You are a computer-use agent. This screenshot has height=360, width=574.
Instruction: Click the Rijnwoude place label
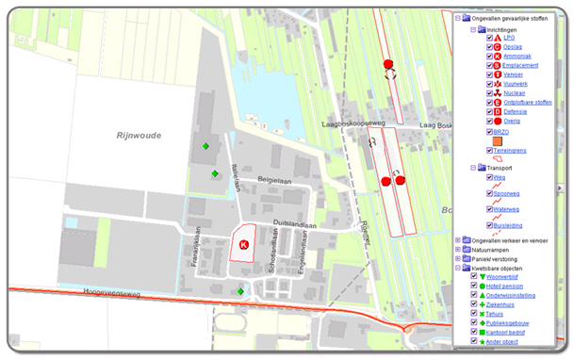tap(139, 135)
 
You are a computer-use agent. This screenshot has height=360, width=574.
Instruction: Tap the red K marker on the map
tap(243, 244)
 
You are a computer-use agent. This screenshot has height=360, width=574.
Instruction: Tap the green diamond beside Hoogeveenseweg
tap(240, 291)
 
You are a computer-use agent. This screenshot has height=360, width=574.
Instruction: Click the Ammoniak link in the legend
tap(521, 56)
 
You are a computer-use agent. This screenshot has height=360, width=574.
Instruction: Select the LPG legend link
tap(510, 37)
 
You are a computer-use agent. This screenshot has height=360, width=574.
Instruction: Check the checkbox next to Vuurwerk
tap(489, 84)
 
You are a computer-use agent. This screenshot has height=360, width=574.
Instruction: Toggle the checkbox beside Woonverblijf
tap(474, 276)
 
